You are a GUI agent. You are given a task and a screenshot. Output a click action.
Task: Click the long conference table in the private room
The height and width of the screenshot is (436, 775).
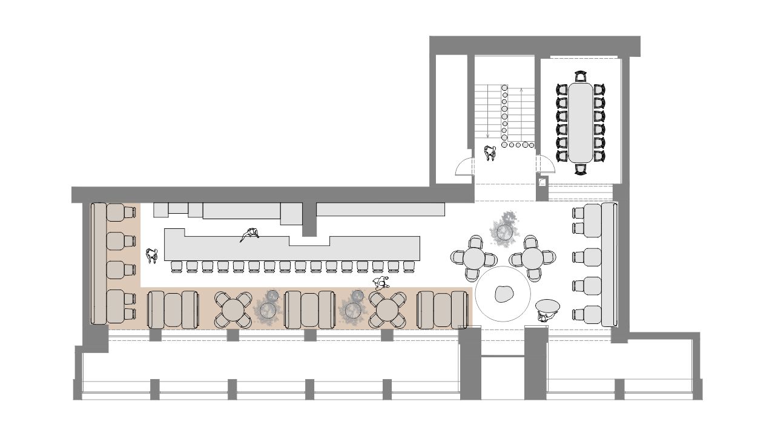point(581,121)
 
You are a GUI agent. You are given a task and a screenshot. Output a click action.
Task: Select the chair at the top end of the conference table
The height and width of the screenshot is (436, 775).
point(581,76)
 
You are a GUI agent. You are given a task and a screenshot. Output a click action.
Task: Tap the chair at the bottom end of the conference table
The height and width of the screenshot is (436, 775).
point(581,168)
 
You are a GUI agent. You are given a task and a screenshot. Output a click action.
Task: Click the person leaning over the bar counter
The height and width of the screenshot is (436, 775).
point(249,235)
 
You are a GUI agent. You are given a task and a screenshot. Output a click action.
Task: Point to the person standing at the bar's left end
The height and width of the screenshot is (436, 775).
point(151,256)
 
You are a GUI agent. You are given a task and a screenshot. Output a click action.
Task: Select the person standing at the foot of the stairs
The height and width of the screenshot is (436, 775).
point(490,154)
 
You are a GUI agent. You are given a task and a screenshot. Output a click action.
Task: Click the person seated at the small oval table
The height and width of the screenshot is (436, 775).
point(546,315)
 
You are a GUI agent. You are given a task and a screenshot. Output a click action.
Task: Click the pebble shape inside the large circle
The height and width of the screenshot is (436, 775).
point(503,294)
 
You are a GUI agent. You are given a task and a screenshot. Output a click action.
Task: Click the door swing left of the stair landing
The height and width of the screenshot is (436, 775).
point(464,165)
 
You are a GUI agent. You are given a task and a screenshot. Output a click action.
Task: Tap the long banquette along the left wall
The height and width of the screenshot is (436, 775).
point(98,263)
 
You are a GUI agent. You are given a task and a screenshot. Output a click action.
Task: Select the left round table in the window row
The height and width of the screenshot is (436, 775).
point(233,309)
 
